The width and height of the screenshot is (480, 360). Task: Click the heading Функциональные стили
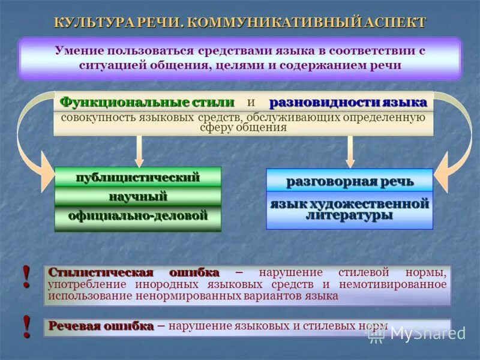coord(147,102)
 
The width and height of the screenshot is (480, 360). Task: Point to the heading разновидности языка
coord(348,102)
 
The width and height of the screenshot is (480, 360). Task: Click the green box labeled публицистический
coord(137,177)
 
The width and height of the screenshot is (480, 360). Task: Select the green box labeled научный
coord(137,196)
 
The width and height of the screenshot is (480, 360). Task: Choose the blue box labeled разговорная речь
coord(349,181)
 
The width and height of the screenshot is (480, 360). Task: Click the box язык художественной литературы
coord(349,209)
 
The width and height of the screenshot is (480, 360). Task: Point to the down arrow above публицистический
coord(139,151)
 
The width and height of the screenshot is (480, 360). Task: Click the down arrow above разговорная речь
coord(350,151)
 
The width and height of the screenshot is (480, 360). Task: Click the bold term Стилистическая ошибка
coord(134,272)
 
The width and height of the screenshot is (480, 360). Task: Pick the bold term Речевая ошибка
coord(101,326)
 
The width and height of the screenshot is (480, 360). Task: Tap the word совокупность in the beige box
coord(91,116)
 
